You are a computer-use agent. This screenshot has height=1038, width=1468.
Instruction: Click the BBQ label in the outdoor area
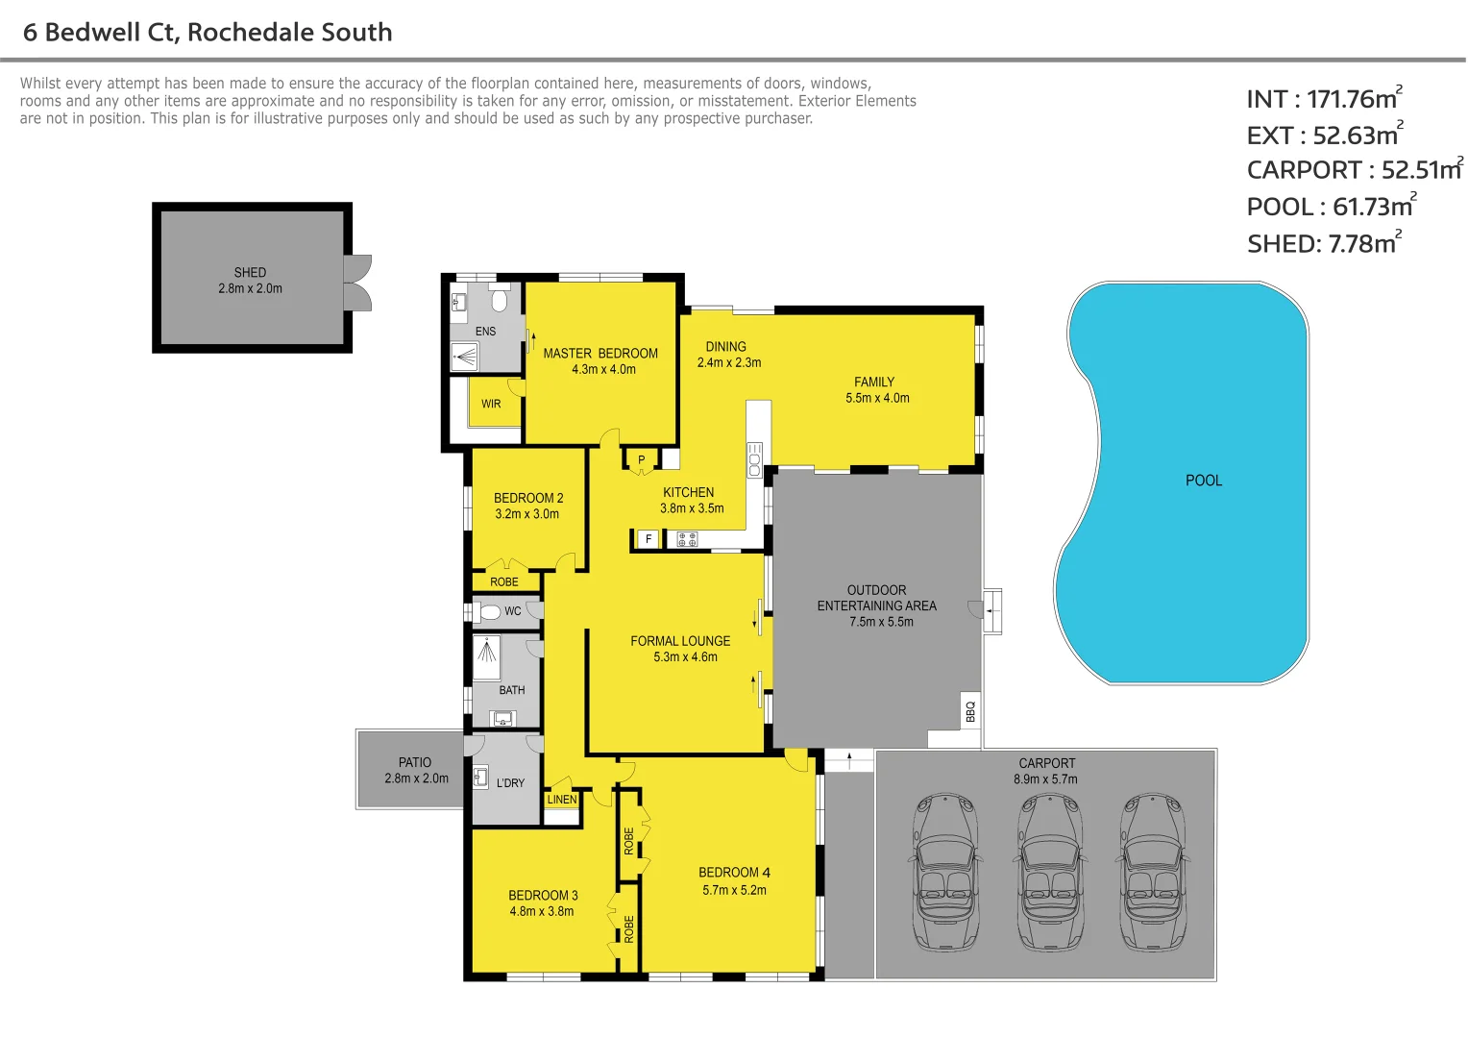[970, 711]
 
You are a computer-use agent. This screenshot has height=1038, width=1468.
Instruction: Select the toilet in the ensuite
[499, 301]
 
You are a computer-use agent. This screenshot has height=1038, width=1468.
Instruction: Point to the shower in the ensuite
[465, 358]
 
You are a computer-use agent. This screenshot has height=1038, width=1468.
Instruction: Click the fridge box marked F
[648, 539]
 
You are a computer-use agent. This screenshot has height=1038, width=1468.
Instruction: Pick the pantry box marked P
[642, 460]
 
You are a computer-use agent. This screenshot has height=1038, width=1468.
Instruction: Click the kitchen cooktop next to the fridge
[687, 539]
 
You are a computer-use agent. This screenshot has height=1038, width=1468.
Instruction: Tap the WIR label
[491, 404]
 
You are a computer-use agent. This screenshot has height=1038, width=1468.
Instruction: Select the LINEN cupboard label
[562, 800]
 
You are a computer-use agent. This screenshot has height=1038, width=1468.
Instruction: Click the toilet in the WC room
[490, 611]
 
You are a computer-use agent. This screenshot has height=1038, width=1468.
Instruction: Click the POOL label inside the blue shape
[1203, 481]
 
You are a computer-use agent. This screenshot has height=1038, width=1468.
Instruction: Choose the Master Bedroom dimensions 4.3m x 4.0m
[603, 369]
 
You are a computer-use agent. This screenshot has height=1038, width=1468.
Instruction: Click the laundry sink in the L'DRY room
[481, 777]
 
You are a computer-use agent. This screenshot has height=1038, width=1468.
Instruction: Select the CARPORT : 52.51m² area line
[1353, 170]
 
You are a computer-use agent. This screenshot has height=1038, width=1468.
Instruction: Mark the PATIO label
[415, 762]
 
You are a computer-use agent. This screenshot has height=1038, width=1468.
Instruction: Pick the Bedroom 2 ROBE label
[503, 581]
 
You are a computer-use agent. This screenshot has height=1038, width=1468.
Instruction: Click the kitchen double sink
[754, 460]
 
